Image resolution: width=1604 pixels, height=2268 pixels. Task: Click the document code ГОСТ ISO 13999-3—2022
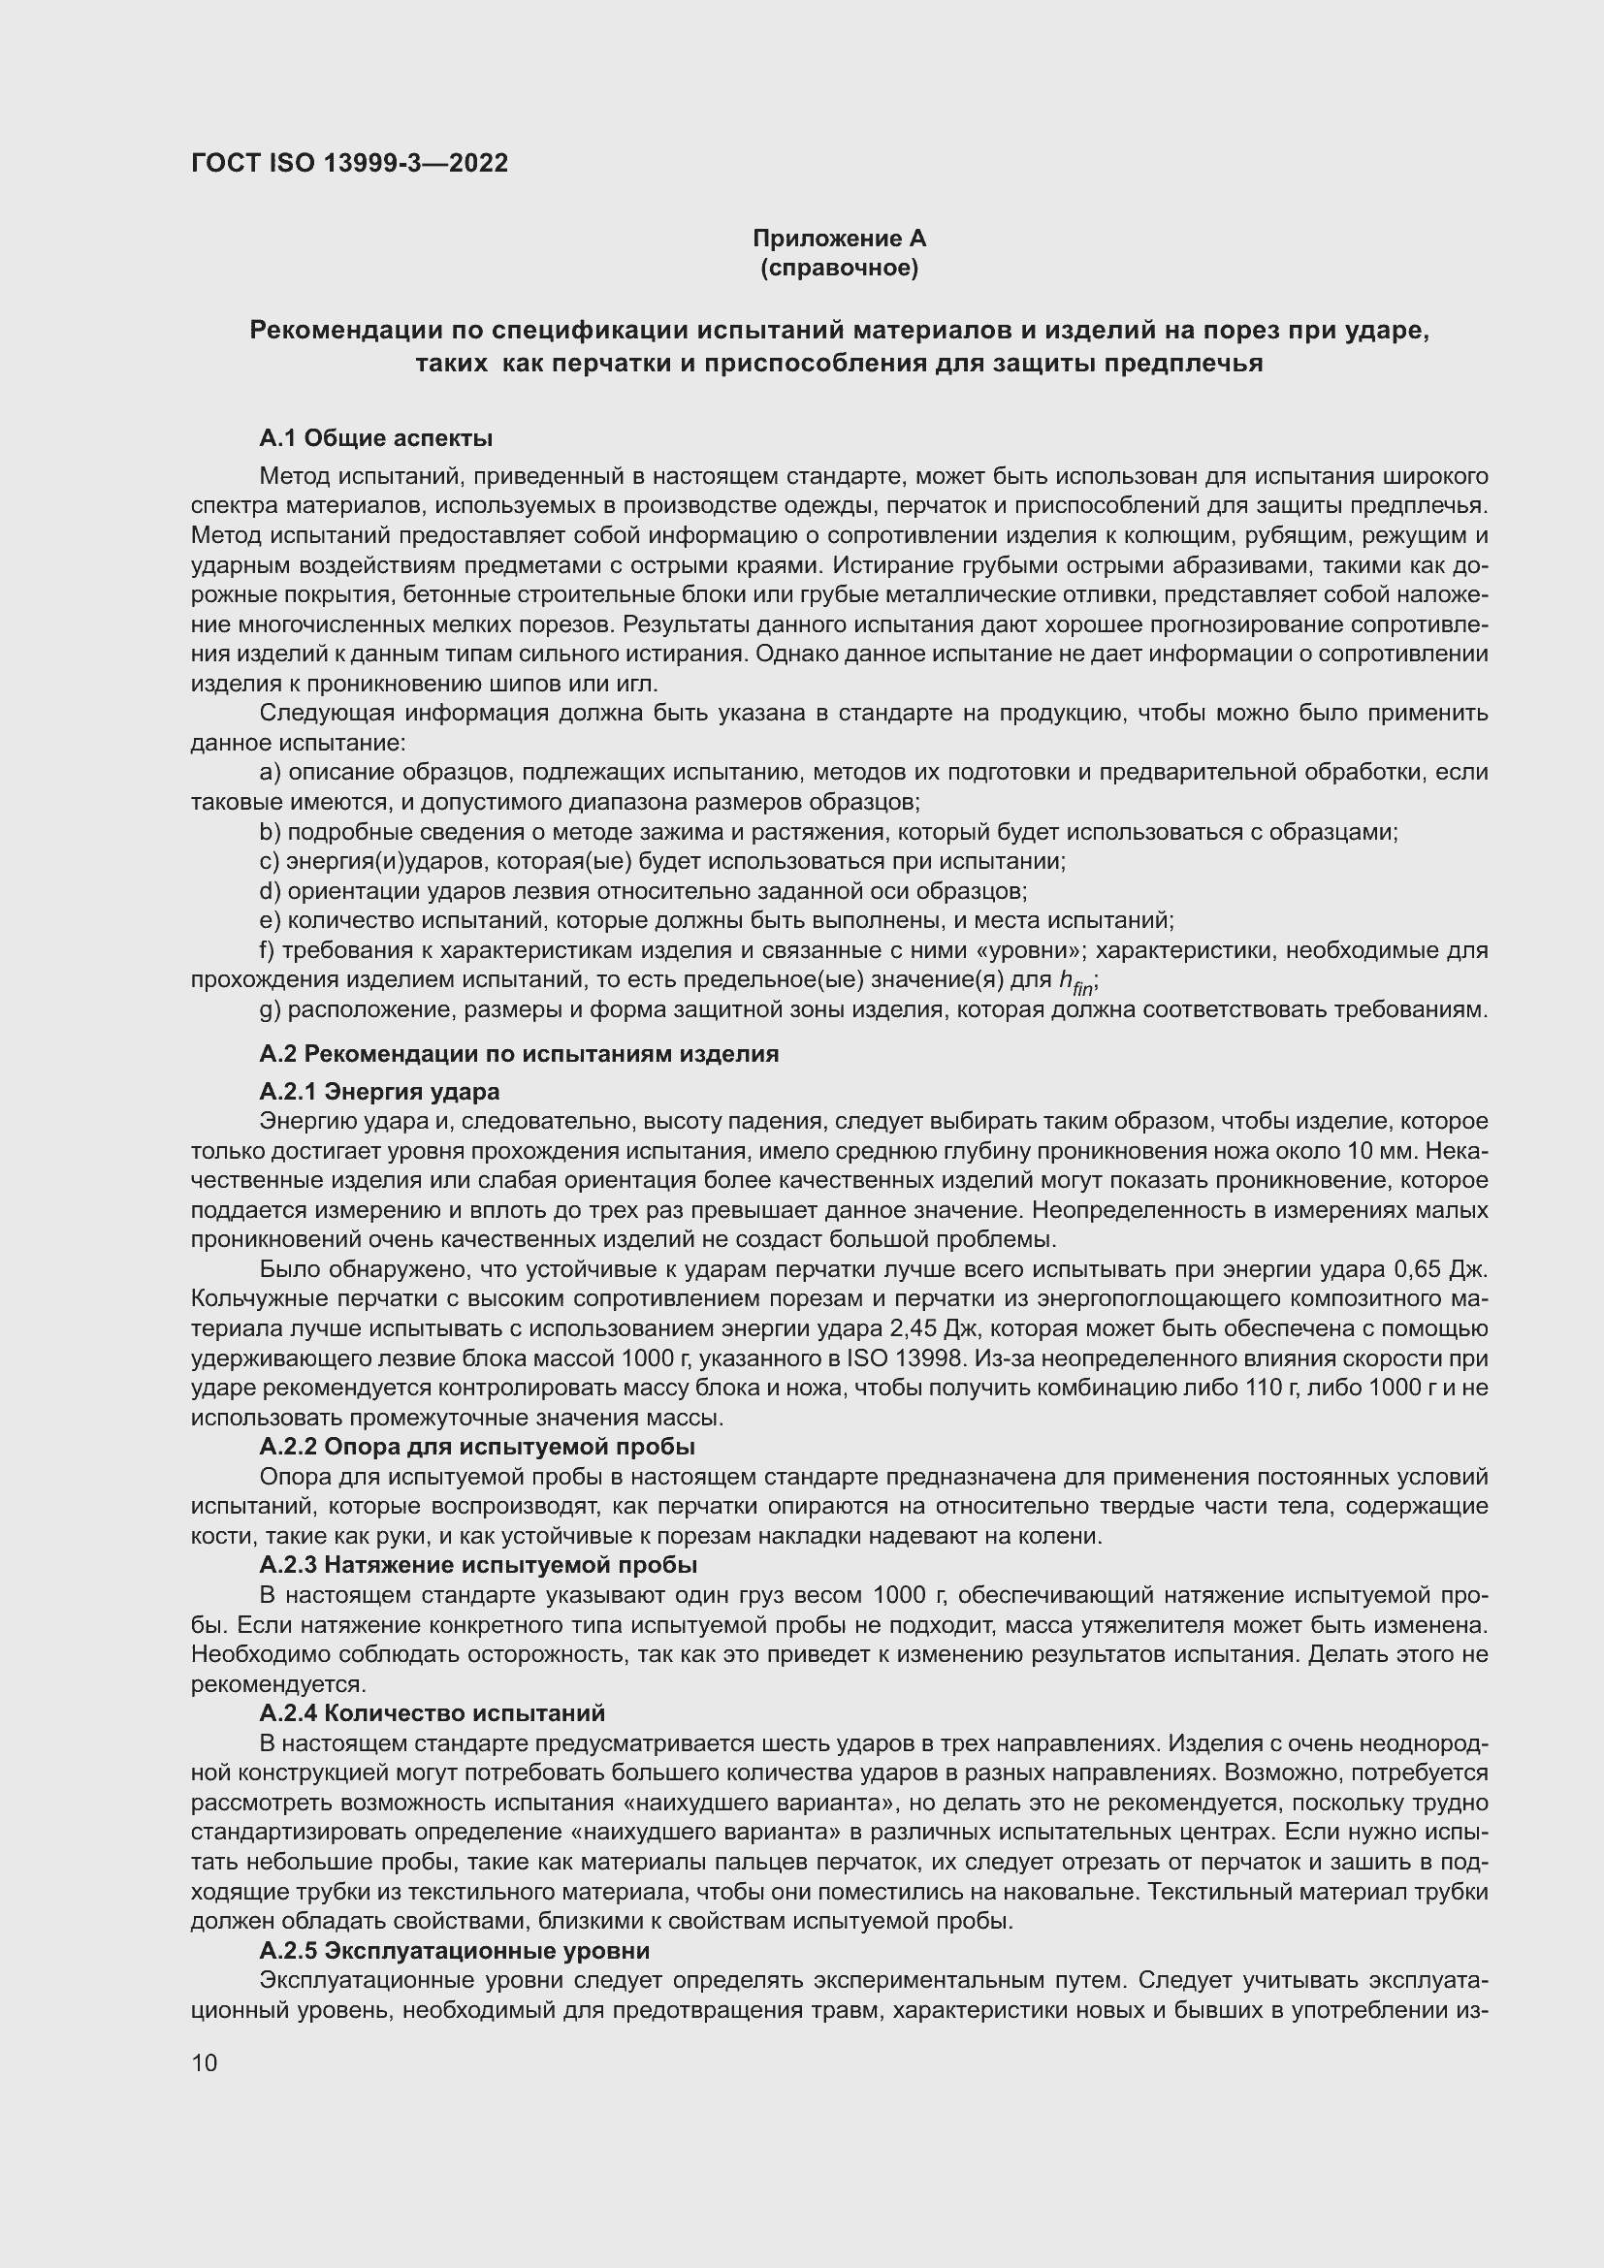coord(350,163)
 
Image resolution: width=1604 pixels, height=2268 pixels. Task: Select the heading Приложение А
coord(839,239)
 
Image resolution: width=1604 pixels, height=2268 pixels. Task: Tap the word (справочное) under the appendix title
coord(839,268)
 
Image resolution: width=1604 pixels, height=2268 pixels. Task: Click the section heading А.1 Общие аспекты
coord(375,437)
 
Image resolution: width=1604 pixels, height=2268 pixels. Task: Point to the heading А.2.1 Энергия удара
coord(379,1092)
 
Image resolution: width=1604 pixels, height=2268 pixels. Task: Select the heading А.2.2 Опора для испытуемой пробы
coord(477,1447)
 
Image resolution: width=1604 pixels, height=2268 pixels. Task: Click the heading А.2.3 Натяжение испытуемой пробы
coord(478,1565)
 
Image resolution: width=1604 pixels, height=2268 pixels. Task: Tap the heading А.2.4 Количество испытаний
coord(432,1712)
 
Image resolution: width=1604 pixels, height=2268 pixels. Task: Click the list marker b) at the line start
coord(270,832)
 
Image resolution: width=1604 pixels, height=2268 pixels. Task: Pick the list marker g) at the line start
coord(270,1009)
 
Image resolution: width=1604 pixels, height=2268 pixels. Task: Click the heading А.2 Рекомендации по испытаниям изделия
coord(519,1054)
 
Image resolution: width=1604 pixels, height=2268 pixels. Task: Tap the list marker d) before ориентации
coord(270,891)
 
